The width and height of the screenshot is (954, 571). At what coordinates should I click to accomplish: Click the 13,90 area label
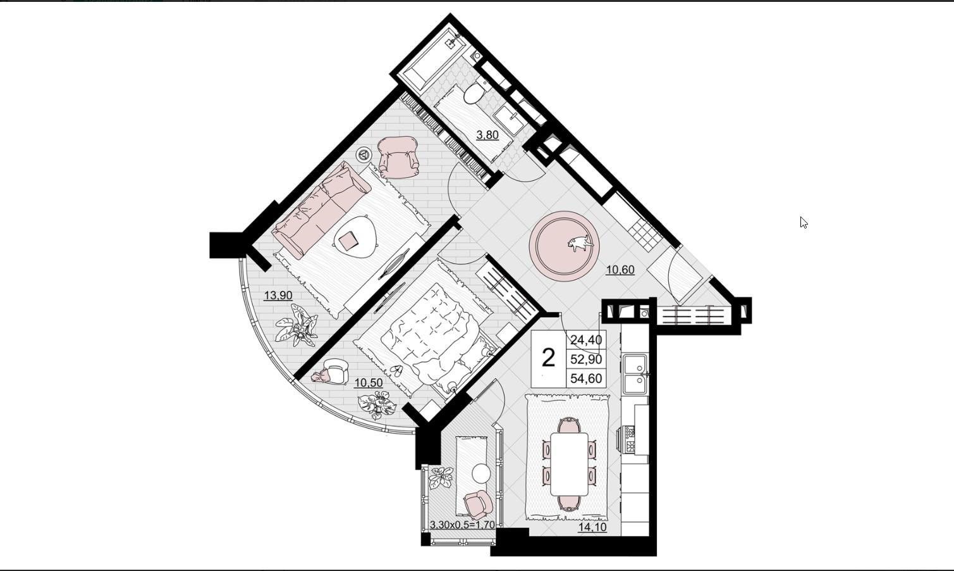pyautogui.click(x=278, y=295)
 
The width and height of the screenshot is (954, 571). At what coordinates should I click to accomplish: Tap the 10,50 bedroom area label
pyautogui.click(x=369, y=383)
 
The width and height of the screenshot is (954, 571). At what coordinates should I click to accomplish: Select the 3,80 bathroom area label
pyautogui.click(x=487, y=135)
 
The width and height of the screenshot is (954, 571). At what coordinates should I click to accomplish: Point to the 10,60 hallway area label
pyautogui.click(x=621, y=270)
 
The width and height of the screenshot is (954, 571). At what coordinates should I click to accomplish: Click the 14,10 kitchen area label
pyautogui.click(x=592, y=527)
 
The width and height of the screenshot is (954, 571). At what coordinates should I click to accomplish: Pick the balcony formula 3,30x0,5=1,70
pyautogui.click(x=463, y=525)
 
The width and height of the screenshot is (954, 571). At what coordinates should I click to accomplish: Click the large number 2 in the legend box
pyautogui.click(x=549, y=358)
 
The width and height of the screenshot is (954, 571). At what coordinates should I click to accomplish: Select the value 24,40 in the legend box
pyautogui.click(x=586, y=340)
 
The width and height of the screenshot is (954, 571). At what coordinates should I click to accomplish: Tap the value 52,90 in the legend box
pyautogui.click(x=586, y=360)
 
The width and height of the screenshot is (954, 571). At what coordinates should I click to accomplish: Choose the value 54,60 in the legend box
pyautogui.click(x=586, y=379)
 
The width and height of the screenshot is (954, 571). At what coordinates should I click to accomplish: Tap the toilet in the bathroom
pyautogui.click(x=475, y=92)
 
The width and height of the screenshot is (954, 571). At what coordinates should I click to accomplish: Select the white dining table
pyautogui.click(x=570, y=464)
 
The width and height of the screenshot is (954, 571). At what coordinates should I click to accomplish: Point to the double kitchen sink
pyautogui.click(x=635, y=374)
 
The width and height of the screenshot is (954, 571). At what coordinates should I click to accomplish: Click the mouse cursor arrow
pyautogui.click(x=804, y=222)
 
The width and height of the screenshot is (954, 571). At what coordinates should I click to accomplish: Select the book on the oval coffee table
pyautogui.click(x=348, y=241)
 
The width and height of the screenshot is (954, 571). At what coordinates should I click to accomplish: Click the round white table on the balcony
pyautogui.click(x=482, y=473)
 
